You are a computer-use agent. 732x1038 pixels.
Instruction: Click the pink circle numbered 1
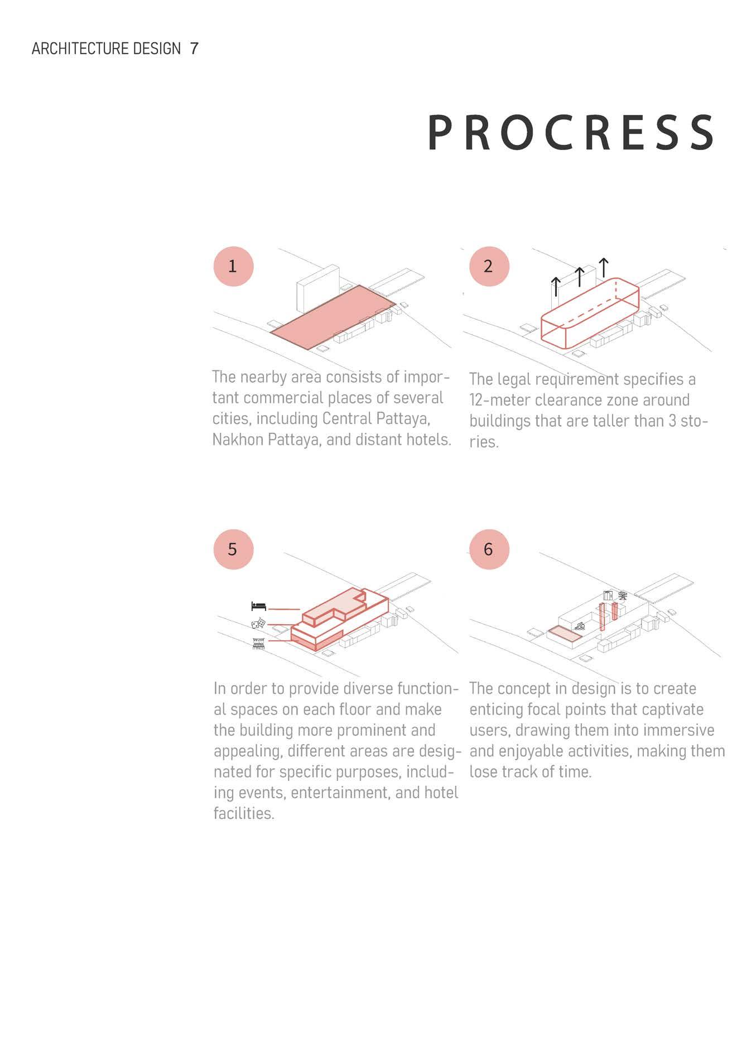(233, 266)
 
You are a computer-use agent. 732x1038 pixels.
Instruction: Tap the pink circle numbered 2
(489, 266)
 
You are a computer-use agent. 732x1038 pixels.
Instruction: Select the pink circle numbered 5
(233, 549)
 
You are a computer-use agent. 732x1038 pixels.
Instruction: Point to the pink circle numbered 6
(489, 549)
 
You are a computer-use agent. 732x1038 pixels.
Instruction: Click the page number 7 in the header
(194, 49)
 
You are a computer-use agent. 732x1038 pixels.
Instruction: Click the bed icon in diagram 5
(258, 606)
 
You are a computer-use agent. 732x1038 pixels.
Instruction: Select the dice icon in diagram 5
(258, 624)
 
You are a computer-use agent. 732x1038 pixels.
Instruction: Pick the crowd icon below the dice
(258, 643)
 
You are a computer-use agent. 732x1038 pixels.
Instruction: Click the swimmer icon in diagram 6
(579, 626)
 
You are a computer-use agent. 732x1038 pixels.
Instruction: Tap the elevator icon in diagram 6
(608, 595)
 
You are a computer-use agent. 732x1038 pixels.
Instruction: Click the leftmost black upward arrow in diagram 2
(556, 286)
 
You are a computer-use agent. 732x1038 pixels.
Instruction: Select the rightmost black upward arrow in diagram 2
(604, 268)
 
